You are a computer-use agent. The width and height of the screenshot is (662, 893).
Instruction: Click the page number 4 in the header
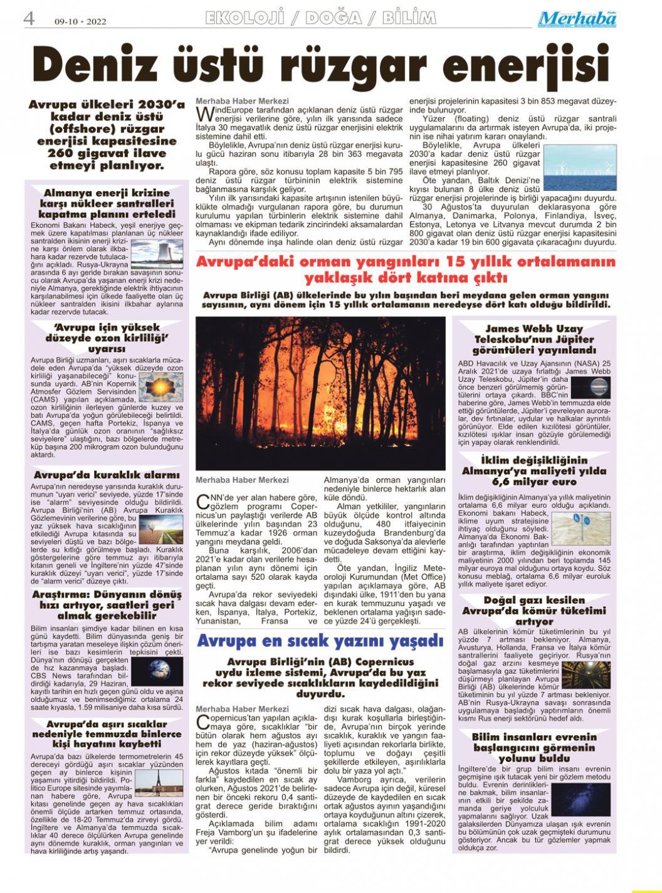pyautogui.click(x=28, y=19)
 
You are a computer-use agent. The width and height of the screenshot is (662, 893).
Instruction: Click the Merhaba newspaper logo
pyautogui.click(x=577, y=19)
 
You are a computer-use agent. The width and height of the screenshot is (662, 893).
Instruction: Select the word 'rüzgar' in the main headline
pyautogui.click(x=385, y=66)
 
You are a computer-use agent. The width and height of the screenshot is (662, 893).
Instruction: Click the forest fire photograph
pyautogui.click(x=321, y=393)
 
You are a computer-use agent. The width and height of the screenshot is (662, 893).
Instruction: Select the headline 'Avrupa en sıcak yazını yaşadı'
pyautogui.click(x=320, y=641)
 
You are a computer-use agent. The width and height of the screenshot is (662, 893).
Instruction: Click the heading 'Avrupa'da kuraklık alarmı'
pyautogui.click(x=107, y=475)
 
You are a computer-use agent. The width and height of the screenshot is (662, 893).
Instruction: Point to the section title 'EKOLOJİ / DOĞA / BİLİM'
pyautogui.click(x=320, y=19)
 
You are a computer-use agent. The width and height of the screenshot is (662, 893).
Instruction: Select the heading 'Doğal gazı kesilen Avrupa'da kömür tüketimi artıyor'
pyautogui.click(x=534, y=611)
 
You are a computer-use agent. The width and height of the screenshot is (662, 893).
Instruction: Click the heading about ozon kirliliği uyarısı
pyautogui.click(x=107, y=338)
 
